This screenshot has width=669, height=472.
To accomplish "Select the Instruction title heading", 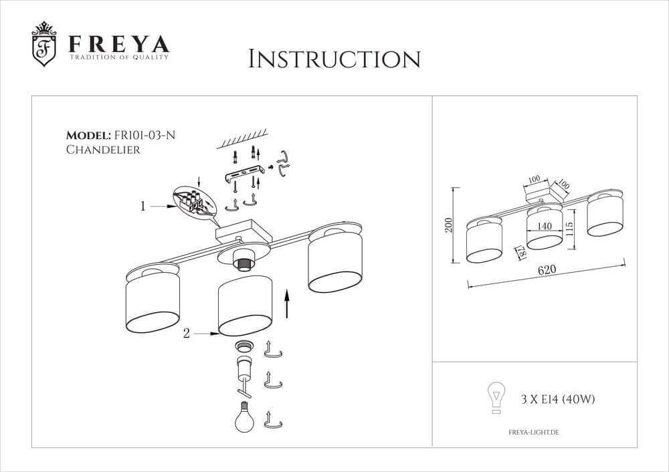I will (x=334, y=59).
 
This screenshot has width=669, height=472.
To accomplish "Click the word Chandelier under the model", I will (x=103, y=150).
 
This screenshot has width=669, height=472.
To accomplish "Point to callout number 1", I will (x=142, y=207).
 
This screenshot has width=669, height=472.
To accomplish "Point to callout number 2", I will (x=187, y=332).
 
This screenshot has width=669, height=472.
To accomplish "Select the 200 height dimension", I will (x=450, y=225).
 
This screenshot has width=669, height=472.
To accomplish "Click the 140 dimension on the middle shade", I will (x=544, y=227).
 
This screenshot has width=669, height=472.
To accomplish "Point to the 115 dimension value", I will (x=569, y=227).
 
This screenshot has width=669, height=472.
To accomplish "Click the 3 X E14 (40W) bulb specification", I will (x=557, y=400).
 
